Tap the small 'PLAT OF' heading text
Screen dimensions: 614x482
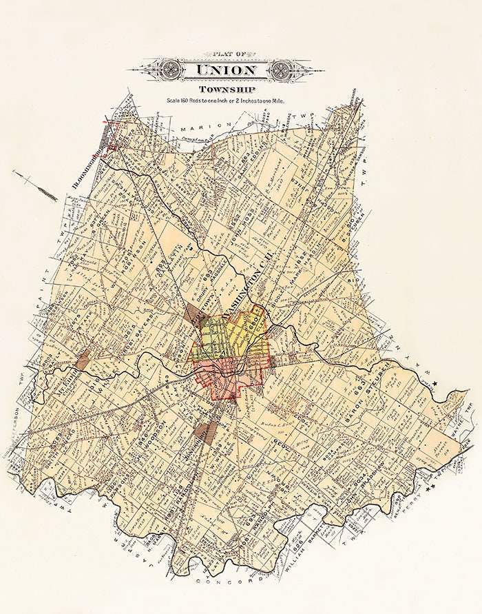tap(226, 54)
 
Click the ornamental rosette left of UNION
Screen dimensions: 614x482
tap(169, 70)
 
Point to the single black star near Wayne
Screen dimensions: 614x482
tap(434, 393)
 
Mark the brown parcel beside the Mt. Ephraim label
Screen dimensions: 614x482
tap(83, 359)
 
